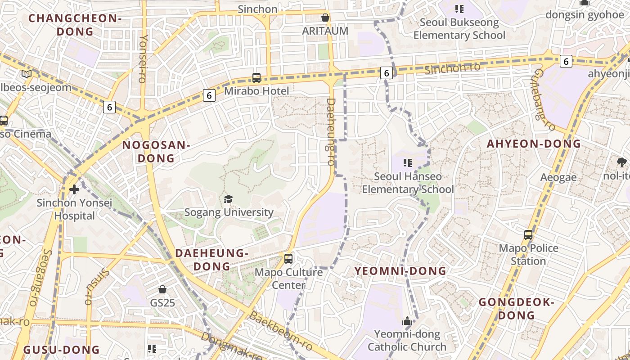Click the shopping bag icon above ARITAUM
coord(325,18)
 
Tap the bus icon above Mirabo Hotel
coord(256,77)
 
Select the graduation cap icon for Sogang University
coord(229,199)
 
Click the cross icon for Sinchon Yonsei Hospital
coord(74,189)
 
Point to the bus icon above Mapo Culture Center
coord(288,259)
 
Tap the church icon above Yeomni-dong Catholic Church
coord(407,321)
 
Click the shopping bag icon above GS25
coord(162,289)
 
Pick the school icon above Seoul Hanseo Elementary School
coord(408,163)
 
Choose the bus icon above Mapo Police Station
coord(528,235)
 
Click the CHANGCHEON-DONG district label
coord(75,25)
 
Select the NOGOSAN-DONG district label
coord(156,152)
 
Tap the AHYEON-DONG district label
coord(534,144)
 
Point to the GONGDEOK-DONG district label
coord(516,308)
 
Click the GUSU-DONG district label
coord(61,350)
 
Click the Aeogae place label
coord(558,177)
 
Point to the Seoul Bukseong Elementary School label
coord(459,28)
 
